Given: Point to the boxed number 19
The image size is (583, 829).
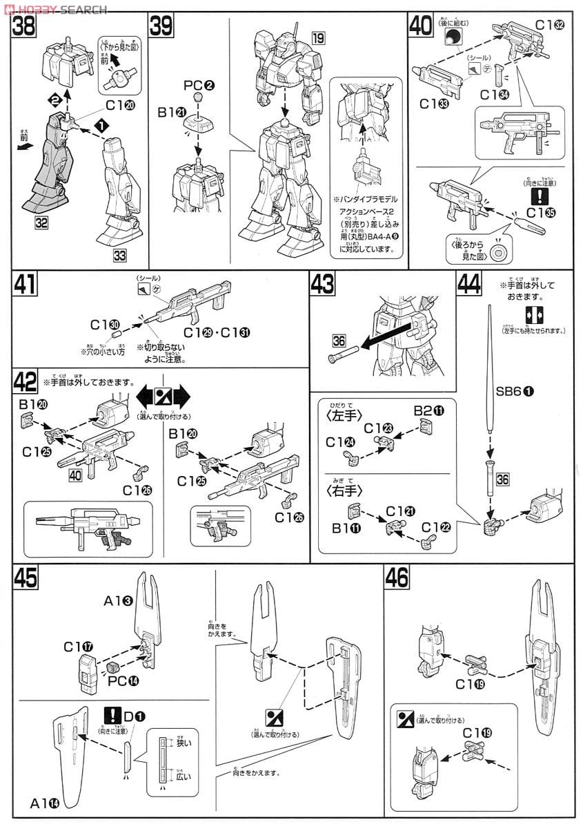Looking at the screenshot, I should click(x=317, y=38).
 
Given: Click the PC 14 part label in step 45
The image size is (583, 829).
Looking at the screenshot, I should click(x=103, y=679).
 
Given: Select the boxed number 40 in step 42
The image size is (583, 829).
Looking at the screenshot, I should click(x=77, y=475).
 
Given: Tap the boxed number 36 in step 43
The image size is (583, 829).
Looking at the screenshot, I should click(x=338, y=341).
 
